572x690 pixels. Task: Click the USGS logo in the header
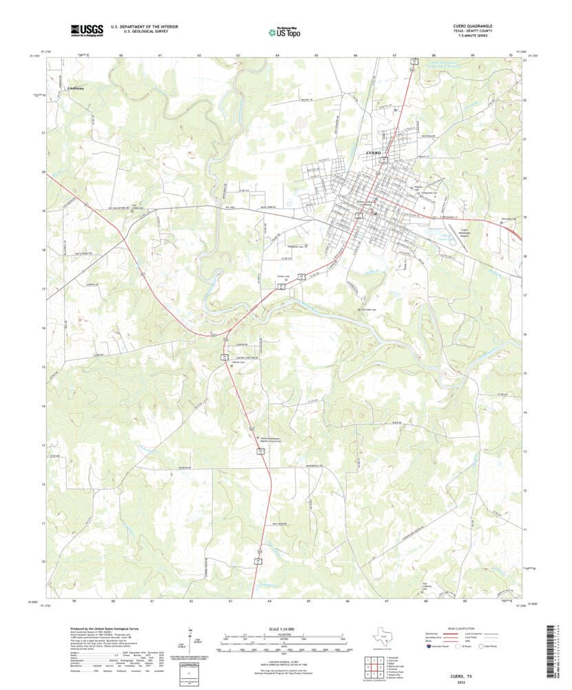85,30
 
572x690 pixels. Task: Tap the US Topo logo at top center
284,31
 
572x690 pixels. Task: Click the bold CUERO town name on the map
373,151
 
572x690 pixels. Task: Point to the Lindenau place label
77,88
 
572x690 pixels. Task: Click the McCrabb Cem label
371,310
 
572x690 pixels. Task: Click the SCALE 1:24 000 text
282,629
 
